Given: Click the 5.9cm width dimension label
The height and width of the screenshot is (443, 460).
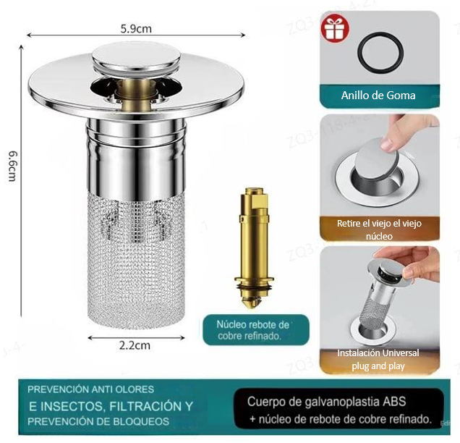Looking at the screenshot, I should click(x=135, y=30).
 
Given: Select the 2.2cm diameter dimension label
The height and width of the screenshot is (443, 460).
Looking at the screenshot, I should click(x=135, y=345).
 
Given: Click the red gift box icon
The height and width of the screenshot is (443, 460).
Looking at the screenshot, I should click(x=333, y=30).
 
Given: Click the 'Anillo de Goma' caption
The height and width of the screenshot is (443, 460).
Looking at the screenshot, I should click(x=378, y=96).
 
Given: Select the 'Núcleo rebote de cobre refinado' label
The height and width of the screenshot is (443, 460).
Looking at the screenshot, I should click(x=253, y=330).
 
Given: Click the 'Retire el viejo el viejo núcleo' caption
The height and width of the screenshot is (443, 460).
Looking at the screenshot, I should click(x=378, y=229).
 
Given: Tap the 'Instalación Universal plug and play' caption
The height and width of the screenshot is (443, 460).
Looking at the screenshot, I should click(x=378, y=359).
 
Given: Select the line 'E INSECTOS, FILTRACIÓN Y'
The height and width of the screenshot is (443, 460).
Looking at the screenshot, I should click(x=111, y=405).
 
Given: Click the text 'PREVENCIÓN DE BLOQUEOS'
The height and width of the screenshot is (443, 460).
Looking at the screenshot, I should click(x=99, y=421).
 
